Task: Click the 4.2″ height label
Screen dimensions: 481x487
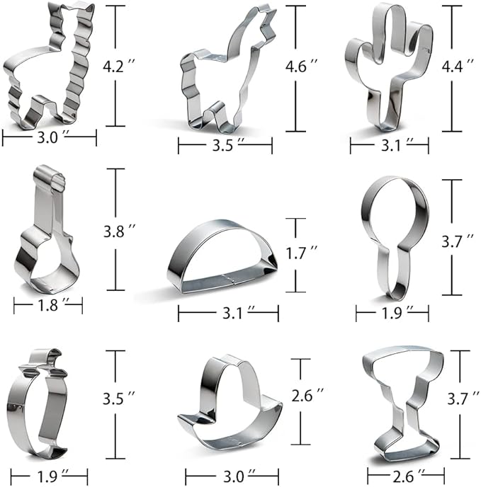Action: coord(119,66)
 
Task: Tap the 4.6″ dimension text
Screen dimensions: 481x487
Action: coord(301,66)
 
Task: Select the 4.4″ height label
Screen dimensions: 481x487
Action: coord(458,66)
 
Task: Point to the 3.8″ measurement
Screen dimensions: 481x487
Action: coord(120,231)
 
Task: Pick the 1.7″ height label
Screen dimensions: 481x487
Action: coord(301,253)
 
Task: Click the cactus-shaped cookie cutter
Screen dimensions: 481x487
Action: coord(389,67)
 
